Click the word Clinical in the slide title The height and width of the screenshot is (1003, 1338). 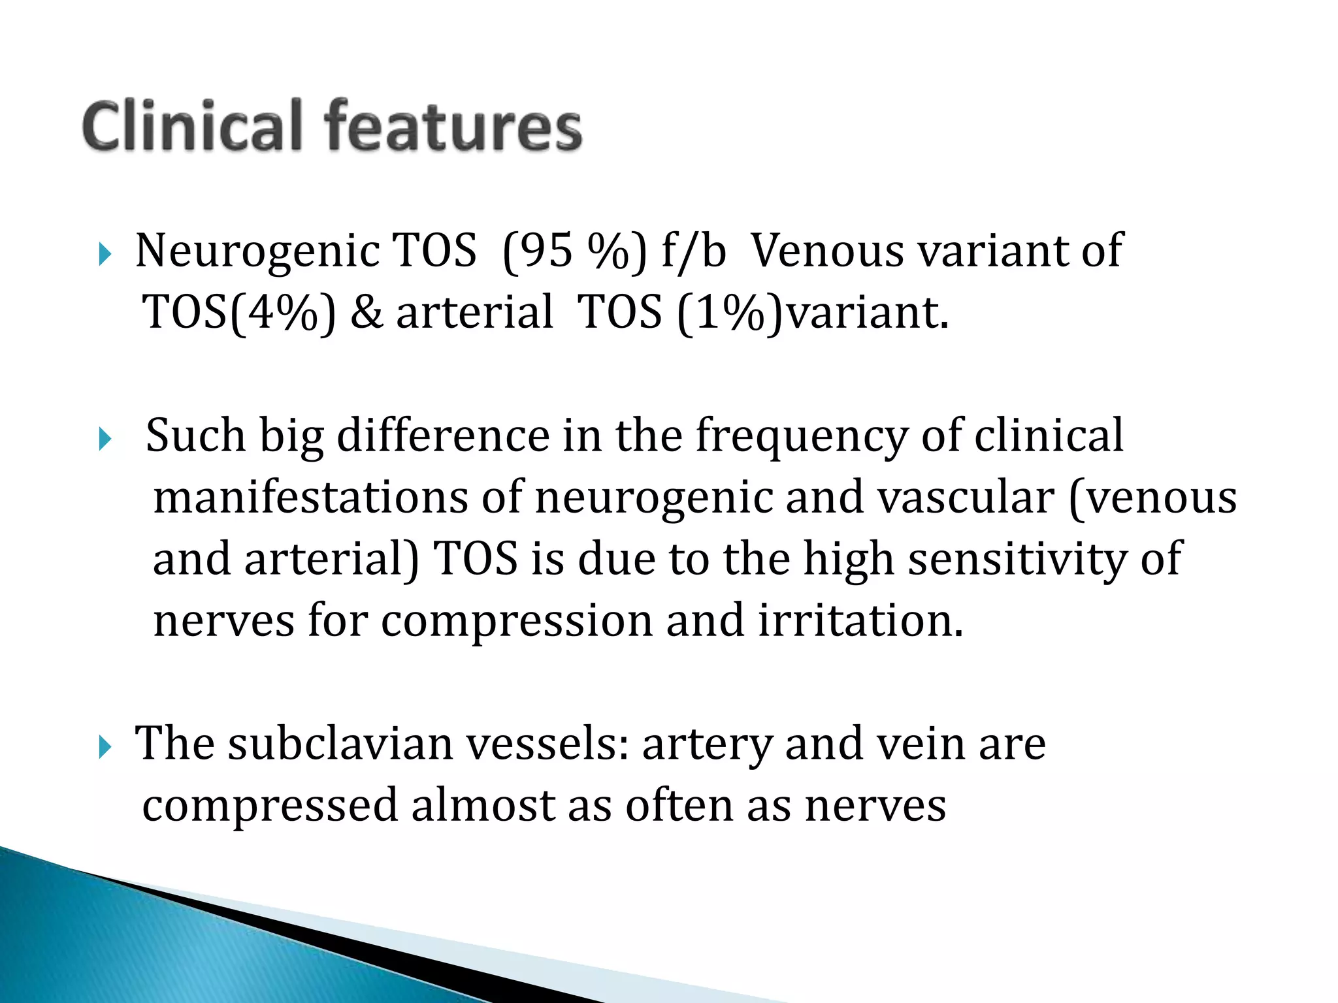point(193,125)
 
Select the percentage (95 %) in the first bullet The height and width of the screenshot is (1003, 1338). point(574,251)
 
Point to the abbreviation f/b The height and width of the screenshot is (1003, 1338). point(693,251)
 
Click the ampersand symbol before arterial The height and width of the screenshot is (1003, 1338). point(367,313)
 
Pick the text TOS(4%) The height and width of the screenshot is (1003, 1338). point(239,313)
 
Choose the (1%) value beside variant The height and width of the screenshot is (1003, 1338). point(730,313)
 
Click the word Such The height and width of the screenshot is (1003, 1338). point(195,436)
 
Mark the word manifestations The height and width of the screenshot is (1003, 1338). point(310,498)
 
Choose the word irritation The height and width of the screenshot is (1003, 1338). point(860,620)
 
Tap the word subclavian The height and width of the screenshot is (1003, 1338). point(340,744)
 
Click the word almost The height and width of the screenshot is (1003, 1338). point(483,805)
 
